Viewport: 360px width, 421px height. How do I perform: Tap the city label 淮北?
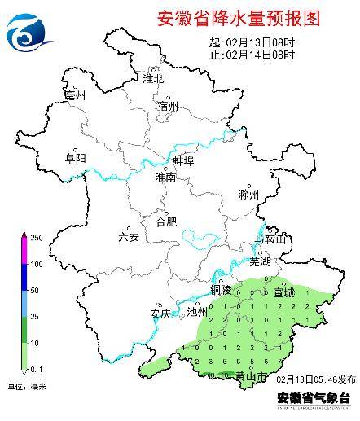pos(153,79)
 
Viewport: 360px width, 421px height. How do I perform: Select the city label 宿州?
pos(168,106)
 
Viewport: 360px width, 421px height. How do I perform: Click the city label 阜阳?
pos(75,159)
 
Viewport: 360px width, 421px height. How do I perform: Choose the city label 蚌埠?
pos(183,161)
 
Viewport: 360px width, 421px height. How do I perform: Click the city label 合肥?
pos(165,221)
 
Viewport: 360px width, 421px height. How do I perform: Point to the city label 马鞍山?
pos(270,239)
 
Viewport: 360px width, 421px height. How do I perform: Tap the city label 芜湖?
pos(259,262)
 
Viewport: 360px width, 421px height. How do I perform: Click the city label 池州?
pos(196,312)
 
